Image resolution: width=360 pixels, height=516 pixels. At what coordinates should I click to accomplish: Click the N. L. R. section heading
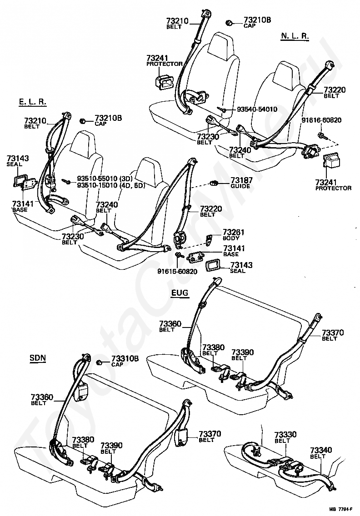(x=295, y=36)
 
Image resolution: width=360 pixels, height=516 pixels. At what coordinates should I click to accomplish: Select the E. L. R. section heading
(x=32, y=102)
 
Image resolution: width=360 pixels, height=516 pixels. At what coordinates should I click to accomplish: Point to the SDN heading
(x=38, y=358)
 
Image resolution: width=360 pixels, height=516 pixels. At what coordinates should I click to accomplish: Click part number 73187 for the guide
(x=241, y=180)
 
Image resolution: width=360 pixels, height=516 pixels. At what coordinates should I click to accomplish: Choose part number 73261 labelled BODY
(x=234, y=232)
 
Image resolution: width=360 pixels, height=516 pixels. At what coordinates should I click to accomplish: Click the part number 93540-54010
(x=257, y=109)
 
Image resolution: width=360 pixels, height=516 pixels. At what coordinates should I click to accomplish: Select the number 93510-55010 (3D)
(x=105, y=179)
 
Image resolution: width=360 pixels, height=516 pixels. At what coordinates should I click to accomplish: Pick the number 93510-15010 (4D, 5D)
(x=111, y=185)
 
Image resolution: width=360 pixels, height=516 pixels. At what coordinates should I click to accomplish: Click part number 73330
(x=285, y=435)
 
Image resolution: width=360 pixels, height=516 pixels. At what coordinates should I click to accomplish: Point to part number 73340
(x=321, y=450)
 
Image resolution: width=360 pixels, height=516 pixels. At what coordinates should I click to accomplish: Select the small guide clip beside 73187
(x=214, y=183)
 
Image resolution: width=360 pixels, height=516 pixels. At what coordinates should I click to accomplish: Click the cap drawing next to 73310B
(x=98, y=362)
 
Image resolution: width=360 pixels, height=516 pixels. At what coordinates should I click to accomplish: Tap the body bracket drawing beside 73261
(x=209, y=240)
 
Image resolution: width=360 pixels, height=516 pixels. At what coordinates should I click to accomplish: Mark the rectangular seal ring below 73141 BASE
(x=213, y=266)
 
